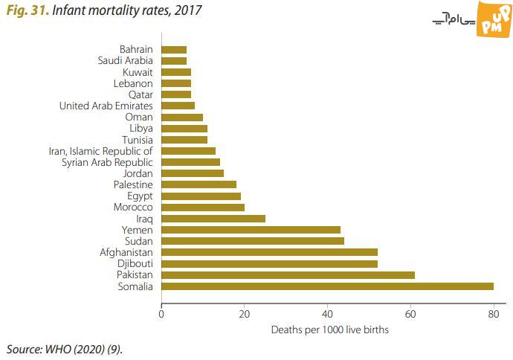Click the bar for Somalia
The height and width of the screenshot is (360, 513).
click(327, 286)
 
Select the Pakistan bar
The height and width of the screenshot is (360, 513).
click(288, 275)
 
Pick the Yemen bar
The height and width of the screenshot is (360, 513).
click(251, 230)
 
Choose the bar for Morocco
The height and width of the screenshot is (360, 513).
click(203, 208)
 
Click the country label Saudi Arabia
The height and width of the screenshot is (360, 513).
click(126, 61)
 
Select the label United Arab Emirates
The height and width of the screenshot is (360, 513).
click(106, 106)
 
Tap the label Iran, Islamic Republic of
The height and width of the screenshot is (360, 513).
click(100, 151)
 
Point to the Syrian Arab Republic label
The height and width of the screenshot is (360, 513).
click(107, 162)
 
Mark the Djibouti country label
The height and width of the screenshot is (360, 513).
click(135, 264)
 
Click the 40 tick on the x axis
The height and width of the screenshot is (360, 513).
click(328, 313)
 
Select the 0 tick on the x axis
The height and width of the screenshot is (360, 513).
click(161, 313)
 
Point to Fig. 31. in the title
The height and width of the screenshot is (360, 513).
click(25, 11)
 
